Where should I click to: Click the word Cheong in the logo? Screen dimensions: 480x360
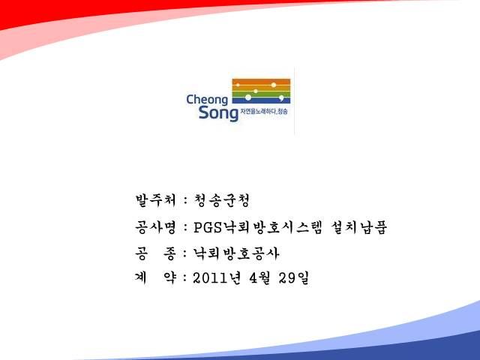tap(207, 100)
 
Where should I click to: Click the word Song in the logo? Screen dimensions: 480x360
tap(218, 113)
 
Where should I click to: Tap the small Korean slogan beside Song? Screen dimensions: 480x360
tap(264, 112)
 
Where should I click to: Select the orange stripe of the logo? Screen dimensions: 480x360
tap(261, 82)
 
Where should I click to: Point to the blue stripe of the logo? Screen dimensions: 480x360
tap(261, 100)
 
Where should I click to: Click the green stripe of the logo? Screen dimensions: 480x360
tap(261, 94)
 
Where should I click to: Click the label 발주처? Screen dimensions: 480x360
tap(156, 200)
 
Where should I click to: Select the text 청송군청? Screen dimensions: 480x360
tap(222, 200)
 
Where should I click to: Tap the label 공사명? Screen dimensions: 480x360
tap(156, 227)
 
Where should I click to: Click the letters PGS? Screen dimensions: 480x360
tap(208, 227)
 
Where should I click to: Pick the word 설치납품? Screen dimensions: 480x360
tap(359, 227)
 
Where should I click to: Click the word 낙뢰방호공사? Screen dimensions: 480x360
tap(236, 253)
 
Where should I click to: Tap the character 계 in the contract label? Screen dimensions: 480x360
tap(141, 278)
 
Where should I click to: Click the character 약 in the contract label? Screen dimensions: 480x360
tap(170, 278)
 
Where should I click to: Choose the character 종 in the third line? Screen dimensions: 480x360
tap(170, 253)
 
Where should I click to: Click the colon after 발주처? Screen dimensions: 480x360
tap(185, 201)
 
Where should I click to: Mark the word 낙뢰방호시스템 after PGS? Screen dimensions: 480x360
tap(272, 227)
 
